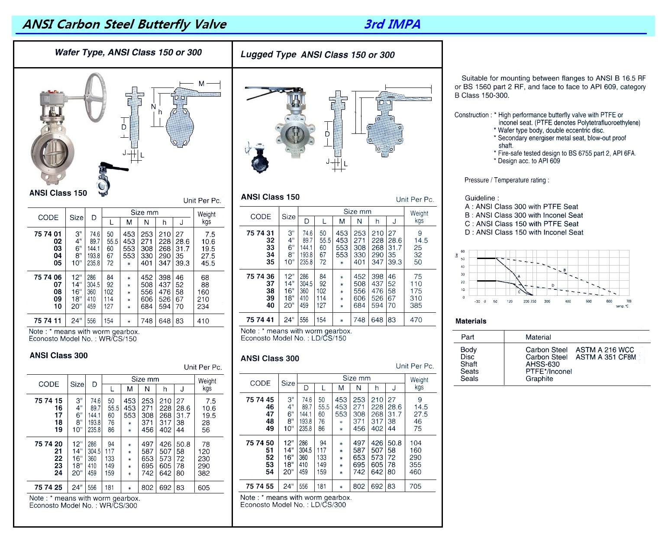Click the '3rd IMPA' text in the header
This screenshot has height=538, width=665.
(392, 24)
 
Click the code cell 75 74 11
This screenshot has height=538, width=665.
(48, 321)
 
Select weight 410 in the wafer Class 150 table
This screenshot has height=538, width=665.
(203, 321)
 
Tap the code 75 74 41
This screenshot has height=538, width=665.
(260, 320)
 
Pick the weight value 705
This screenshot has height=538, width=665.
(415, 486)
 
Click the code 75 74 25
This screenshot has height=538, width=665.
(48, 487)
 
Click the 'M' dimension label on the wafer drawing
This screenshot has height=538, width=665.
(201, 84)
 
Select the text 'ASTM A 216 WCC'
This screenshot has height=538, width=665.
(604, 350)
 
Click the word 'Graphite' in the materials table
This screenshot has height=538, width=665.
(539, 379)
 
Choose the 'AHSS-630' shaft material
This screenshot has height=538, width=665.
(542, 364)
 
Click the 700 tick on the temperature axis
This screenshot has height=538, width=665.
(629, 301)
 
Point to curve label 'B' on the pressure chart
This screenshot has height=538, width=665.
(565, 270)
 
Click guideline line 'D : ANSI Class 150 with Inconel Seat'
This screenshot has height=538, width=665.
(524, 233)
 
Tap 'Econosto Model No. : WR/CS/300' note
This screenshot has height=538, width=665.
(83, 506)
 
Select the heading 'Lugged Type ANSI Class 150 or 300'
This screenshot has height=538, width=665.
(317, 55)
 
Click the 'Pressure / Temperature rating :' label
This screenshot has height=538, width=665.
(507, 180)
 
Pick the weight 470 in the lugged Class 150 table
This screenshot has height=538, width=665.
(416, 320)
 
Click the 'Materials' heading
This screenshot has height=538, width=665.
(471, 321)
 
